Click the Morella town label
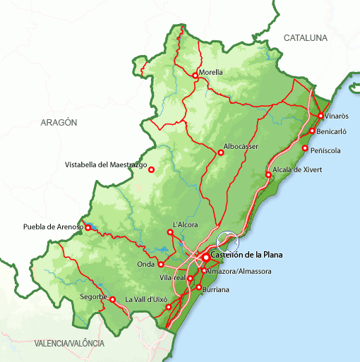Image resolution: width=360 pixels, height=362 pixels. click(211, 72)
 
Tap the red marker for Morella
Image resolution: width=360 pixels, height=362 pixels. click(195, 76)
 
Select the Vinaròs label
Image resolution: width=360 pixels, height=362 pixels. click(337, 115)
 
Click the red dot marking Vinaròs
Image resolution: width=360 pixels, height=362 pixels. click(320, 116)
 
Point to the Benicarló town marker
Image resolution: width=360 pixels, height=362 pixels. click(312, 131)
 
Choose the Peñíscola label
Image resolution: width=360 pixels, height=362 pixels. click(325, 150)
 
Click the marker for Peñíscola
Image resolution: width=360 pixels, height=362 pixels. click(305, 148)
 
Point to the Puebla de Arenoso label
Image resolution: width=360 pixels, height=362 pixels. click(53, 227)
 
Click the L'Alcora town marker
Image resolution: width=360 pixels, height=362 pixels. click(169, 231)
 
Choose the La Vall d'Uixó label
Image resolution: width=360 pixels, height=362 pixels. click(147, 299)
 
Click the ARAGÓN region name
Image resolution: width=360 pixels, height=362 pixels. click(59, 122)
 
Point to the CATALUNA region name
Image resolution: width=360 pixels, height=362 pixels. click(306, 37)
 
